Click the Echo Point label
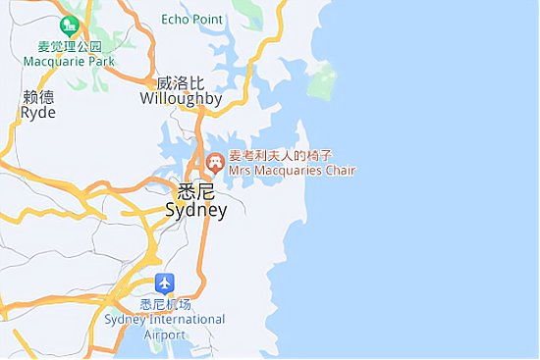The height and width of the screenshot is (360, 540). (191, 19)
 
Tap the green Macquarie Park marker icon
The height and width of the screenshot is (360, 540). (69, 26)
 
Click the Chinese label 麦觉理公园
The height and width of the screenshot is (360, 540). (70, 46)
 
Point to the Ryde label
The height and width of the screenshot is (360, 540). (38, 113)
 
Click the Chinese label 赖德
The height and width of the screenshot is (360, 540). (38, 97)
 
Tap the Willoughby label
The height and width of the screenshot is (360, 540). (181, 99)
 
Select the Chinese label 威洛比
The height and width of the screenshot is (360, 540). (181, 83)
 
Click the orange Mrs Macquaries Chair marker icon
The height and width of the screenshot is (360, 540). (215, 162)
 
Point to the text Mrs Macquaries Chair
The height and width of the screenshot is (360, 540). (292, 171)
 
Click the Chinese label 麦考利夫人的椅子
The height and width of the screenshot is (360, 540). (281, 156)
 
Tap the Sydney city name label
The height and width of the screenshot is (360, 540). (195, 210)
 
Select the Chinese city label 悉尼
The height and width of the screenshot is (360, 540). (195, 191)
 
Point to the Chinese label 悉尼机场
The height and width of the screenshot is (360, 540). (164, 304)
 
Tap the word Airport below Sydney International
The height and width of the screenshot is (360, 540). (164, 334)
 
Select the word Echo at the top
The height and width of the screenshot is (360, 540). (175, 19)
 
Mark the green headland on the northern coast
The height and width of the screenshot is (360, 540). (321, 82)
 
